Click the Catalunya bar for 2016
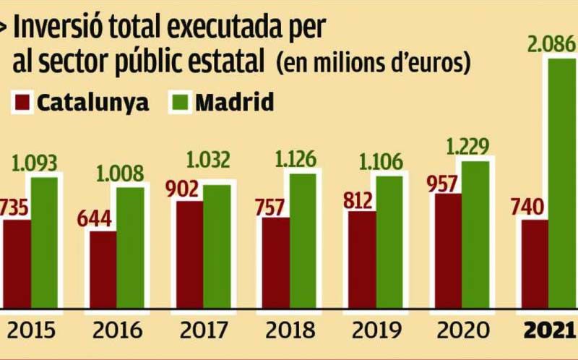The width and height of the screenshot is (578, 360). [103, 267]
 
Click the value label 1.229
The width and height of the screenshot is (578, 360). [466, 146]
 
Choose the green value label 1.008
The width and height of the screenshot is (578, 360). [119, 173]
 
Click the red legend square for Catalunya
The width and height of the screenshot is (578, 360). [23, 103]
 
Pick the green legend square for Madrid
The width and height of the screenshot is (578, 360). [181, 103]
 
